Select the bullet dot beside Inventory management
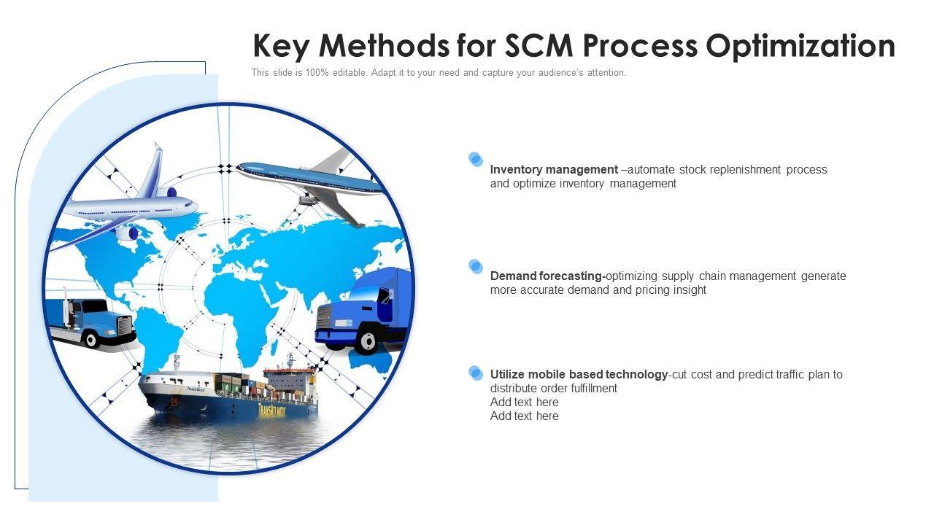(x=476, y=159)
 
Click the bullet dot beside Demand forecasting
(x=476, y=266)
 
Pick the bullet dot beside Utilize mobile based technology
(x=476, y=373)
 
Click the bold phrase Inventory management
(x=554, y=170)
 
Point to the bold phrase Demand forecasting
(x=547, y=276)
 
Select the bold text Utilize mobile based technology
(x=579, y=375)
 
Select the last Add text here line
(x=524, y=416)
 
